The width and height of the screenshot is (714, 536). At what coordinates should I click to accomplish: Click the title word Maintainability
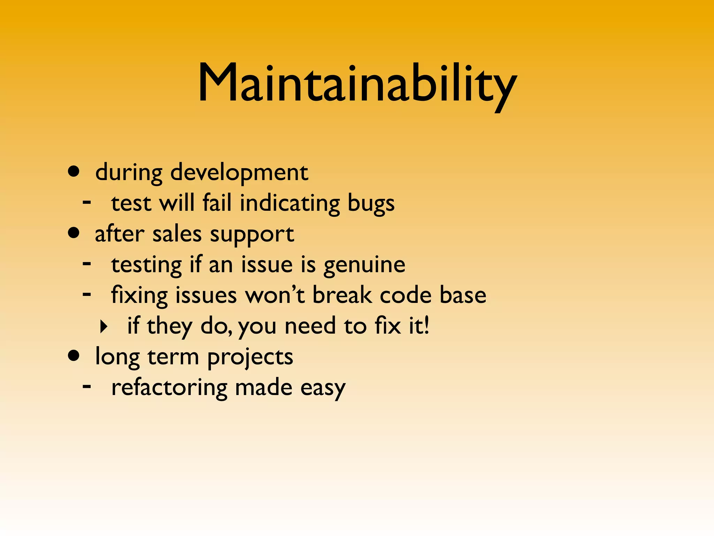pyautogui.click(x=357, y=84)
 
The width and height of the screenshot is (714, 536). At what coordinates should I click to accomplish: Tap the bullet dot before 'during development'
pyautogui.click(x=74, y=171)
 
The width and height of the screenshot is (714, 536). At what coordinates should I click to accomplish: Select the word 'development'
pyautogui.click(x=239, y=172)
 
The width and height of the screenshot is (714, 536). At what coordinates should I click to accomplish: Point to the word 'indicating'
pyautogui.click(x=290, y=203)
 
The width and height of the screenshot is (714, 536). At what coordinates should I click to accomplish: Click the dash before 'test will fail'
pyautogui.click(x=87, y=202)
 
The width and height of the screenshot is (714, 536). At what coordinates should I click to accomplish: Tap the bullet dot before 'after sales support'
pyautogui.click(x=74, y=233)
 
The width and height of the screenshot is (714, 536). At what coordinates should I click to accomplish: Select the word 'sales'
pyautogui.click(x=177, y=234)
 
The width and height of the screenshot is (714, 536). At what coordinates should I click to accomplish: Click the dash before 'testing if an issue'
pyautogui.click(x=87, y=263)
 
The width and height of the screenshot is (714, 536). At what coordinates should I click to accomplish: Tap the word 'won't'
pyautogui.click(x=275, y=295)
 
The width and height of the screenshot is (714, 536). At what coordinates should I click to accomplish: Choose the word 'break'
pyautogui.click(x=342, y=295)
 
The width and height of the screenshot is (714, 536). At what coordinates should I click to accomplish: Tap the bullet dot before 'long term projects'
pyautogui.click(x=74, y=356)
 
